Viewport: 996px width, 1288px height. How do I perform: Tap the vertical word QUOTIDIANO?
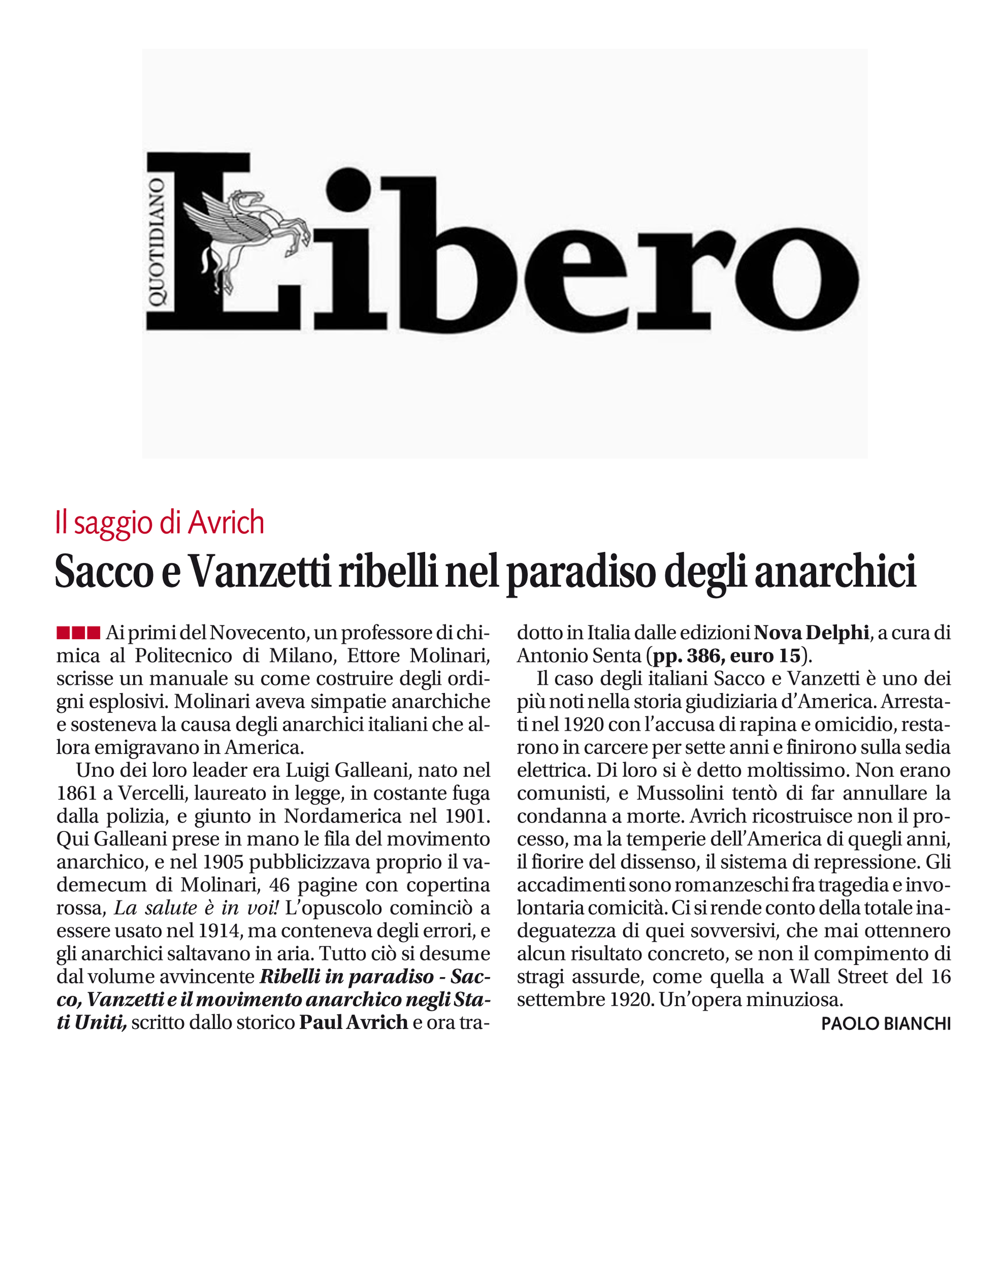click(157, 242)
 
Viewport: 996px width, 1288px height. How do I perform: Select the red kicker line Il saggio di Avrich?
click(159, 523)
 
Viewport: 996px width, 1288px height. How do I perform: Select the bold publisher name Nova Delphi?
click(811, 633)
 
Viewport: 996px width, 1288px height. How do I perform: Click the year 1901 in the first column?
click(468, 816)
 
